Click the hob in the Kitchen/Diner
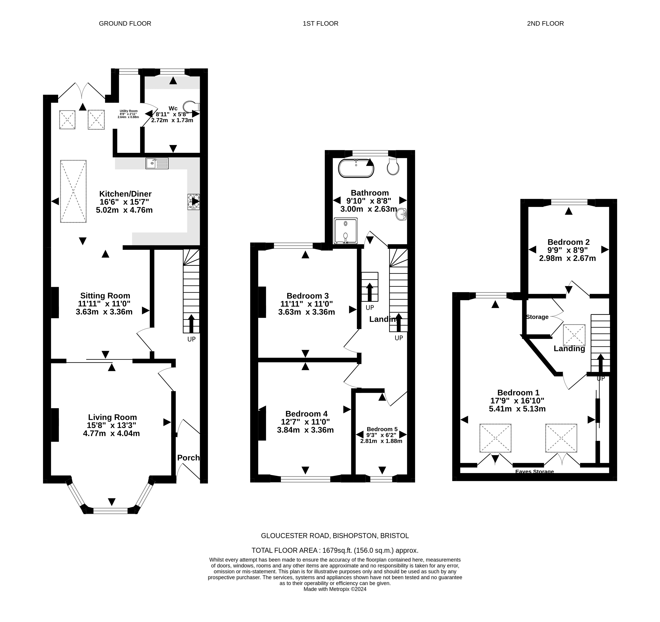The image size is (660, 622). pyautogui.click(x=194, y=202)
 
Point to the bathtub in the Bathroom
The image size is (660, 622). pyautogui.click(x=356, y=168)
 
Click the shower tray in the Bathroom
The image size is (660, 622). pyautogui.click(x=346, y=231)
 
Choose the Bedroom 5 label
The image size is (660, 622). pyautogui.click(x=382, y=429)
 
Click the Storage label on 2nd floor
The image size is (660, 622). pyautogui.click(x=537, y=317)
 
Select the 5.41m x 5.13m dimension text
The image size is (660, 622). pyautogui.click(x=517, y=409)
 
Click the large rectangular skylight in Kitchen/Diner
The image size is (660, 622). pyautogui.click(x=73, y=191)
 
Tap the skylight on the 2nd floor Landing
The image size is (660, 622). pyautogui.click(x=574, y=335)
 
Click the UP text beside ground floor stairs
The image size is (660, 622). pyautogui.click(x=192, y=339)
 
